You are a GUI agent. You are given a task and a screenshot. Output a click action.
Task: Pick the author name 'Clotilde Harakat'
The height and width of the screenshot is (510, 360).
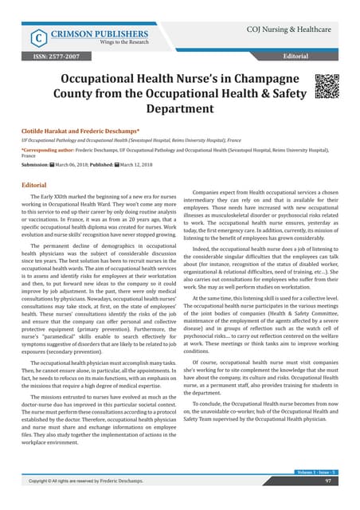pyautogui.click(x=53, y=128)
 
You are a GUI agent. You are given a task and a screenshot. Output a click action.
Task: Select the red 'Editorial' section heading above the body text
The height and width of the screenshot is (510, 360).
pyautogui.click(x=37, y=185)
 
